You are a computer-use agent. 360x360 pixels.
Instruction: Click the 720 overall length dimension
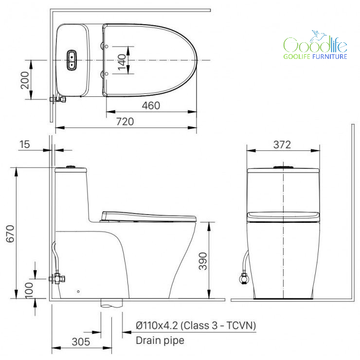(125, 122)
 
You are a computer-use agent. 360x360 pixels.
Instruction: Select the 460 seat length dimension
(151, 106)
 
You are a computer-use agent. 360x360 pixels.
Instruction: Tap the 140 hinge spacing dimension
(122, 62)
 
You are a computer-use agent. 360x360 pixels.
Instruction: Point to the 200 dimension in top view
(25, 80)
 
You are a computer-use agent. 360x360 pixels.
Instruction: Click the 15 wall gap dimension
(24, 144)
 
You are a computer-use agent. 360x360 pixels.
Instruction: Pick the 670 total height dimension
(10, 234)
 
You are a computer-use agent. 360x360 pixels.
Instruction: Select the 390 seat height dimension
(203, 261)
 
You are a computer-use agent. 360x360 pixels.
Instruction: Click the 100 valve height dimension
(29, 290)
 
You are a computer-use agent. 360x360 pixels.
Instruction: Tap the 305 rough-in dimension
(81, 342)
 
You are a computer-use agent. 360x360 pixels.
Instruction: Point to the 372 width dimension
(282, 144)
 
